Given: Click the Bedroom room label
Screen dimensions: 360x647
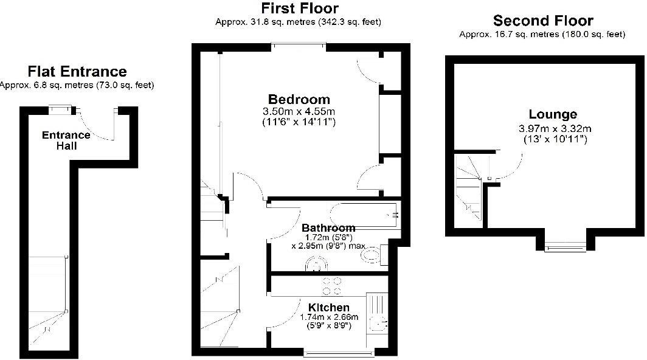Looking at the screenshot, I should coord(299,99).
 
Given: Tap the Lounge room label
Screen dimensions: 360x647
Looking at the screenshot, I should coord(553,114).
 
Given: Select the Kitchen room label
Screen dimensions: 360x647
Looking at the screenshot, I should coord(328,307).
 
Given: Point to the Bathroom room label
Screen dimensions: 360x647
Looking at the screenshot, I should coord(328,228).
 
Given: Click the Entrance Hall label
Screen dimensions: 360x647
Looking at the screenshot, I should coord(66,140).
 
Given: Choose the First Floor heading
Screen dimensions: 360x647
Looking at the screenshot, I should coord(300,9).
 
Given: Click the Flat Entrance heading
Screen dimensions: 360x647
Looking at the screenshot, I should coord(77,72).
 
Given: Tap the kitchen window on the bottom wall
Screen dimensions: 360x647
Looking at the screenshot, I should coord(338,353).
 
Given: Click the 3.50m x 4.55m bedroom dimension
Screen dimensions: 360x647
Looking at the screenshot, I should coord(299,112).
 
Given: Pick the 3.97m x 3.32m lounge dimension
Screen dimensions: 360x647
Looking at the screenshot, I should coord(553,128).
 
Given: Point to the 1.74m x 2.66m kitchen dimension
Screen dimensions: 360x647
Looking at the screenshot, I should coord(329,317).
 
